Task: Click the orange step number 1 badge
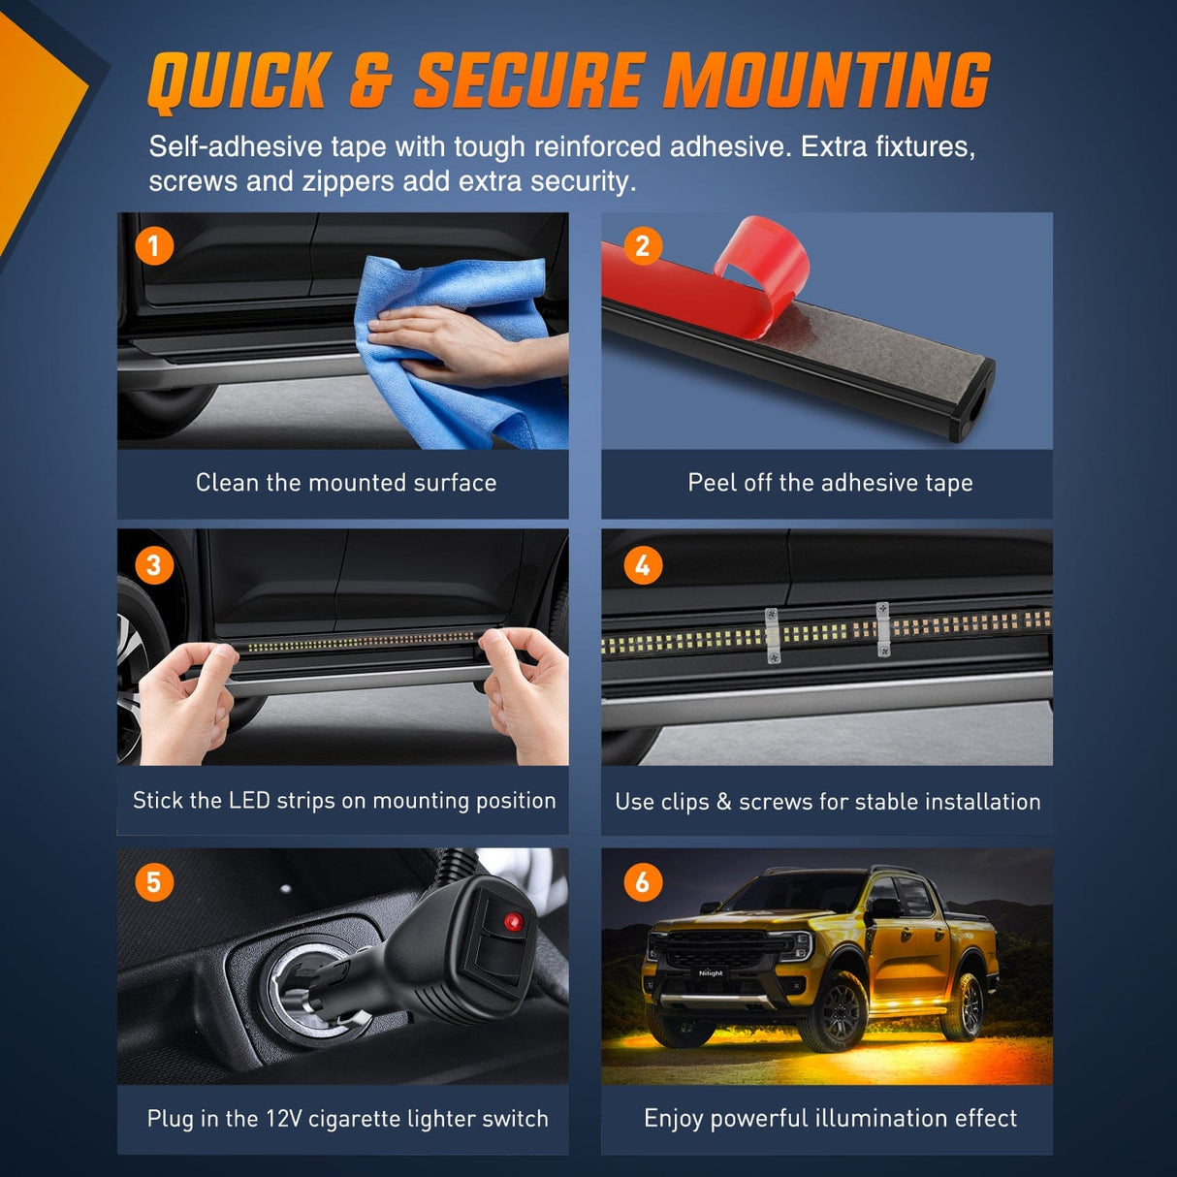(x=154, y=246)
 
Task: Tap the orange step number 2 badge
(x=643, y=246)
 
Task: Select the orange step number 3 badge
(x=154, y=565)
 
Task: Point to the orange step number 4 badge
(x=643, y=565)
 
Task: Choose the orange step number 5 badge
(x=154, y=882)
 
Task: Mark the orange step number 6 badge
(x=643, y=882)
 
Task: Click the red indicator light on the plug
(x=513, y=922)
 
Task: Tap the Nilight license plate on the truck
(x=711, y=973)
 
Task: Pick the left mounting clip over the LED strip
(x=773, y=635)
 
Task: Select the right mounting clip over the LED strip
(x=883, y=629)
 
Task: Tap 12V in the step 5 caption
(x=284, y=1119)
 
